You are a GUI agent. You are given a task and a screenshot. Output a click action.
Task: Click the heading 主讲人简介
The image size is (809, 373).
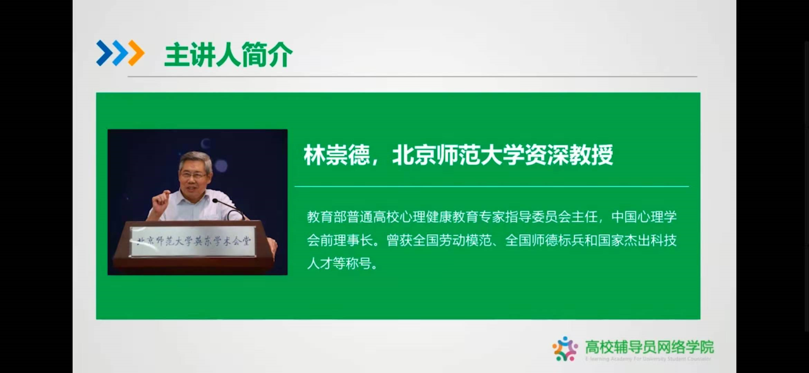[228, 55]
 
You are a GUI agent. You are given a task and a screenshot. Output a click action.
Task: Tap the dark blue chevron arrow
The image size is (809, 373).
[103, 53]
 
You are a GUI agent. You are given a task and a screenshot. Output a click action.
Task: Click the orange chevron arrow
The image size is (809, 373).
[135, 53]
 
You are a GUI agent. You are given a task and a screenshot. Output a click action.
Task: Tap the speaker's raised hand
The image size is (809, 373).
[161, 201]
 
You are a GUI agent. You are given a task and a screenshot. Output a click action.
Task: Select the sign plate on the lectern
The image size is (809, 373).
[193, 240]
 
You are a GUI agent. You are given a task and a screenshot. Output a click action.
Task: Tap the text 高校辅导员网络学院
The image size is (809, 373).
[649, 346]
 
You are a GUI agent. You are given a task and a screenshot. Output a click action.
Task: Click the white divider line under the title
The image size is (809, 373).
[491, 187]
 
